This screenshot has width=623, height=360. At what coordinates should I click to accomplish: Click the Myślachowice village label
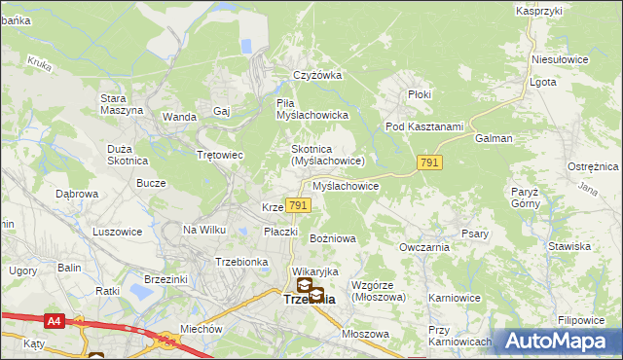tap(346, 185)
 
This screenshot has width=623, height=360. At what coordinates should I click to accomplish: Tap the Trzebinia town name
tap(309, 300)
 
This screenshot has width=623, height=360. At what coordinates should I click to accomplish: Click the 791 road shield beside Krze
tap(299, 205)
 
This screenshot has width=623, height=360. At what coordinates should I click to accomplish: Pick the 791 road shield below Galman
tap(429, 163)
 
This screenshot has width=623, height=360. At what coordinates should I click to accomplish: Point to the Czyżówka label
tap(318, 76)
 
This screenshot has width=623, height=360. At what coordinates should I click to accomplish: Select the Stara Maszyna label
tap(122, 104)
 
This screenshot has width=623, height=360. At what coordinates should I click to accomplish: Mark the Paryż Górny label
tap(524, 198)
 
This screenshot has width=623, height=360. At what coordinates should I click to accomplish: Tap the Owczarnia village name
tap(422, 247)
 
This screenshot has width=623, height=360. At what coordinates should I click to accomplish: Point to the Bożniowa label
tap(333, 237)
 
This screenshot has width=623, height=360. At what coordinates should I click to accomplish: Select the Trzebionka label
tap(241, 262)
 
